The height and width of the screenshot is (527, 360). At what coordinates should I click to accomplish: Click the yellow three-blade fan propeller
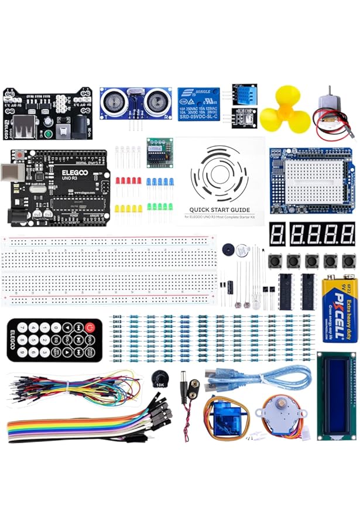click(285, 111)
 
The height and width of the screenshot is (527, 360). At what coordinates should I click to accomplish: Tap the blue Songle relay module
click(199, 104)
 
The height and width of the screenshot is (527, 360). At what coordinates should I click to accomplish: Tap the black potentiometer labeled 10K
click(159, 379)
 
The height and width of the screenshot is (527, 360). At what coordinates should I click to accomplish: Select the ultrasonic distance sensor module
click(134, 103)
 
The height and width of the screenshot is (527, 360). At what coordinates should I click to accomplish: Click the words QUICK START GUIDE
click(220, 210)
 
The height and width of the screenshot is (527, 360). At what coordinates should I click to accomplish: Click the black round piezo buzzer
click(229, 250)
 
